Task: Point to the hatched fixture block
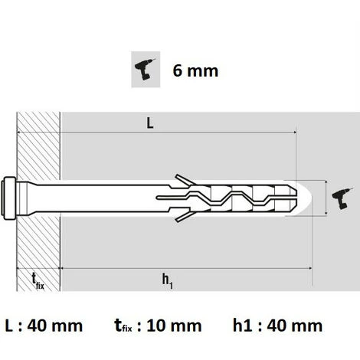point(38,153)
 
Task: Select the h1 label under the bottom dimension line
point(166,280)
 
